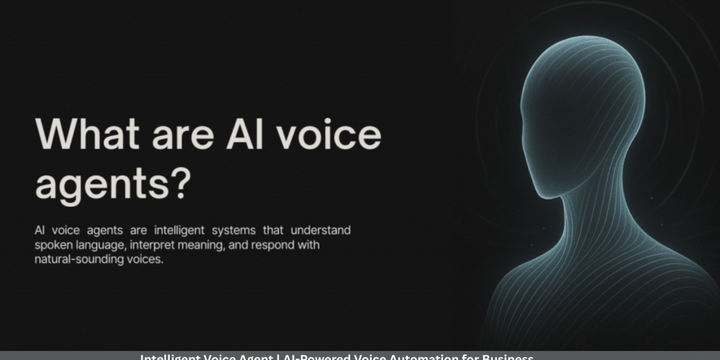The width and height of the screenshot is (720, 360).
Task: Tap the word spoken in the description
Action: point(52,246)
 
